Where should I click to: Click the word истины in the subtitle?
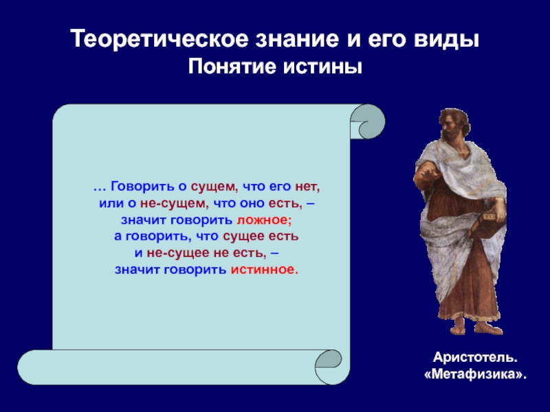(x=322, y=67)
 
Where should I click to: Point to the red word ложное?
(x=264, y=220)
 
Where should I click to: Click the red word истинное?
(x=265, y=269)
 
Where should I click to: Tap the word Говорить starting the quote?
(x=142, y=187)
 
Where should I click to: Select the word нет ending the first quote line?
(x=307, y=187)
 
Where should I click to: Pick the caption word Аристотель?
(x=475, y=357)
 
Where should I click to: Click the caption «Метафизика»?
(x=475, y=374)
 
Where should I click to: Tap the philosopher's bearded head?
(x=454, y=124)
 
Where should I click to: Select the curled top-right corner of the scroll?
(x=367, y=122)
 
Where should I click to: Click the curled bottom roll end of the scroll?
(x=329, y=367)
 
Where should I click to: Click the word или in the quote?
(x=111, y=203)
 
